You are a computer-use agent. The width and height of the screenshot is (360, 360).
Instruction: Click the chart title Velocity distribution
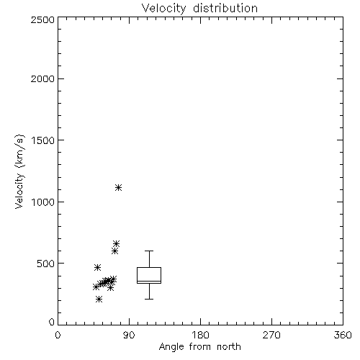199,9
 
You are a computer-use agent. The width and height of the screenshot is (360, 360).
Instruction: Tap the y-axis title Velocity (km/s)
19,171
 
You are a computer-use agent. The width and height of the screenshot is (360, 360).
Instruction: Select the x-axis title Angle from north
199,347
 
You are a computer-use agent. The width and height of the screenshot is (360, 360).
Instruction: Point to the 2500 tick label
42,19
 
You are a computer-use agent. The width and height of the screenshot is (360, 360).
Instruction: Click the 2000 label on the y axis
42,78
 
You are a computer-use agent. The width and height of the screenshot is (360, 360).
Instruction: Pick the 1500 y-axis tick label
43,140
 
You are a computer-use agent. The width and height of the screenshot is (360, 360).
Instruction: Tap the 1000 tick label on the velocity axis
43,202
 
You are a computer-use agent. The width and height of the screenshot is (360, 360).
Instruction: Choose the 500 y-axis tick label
46,264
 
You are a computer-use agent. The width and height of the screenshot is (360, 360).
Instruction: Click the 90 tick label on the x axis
129,335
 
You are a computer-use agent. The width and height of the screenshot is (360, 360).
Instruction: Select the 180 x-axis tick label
200,335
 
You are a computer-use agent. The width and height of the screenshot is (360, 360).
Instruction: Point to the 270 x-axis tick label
271,335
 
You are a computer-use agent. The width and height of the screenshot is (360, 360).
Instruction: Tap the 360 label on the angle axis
343,335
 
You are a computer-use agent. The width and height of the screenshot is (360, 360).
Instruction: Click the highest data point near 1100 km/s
118,187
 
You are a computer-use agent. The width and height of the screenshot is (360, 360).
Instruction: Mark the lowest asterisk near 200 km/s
99,300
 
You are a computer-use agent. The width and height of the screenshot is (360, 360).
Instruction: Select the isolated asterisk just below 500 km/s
97,267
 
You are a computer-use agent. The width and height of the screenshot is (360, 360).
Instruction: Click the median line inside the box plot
149,281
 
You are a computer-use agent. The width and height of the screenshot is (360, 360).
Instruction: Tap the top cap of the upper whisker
149,251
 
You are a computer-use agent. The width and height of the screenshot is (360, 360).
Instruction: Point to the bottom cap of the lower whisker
149,299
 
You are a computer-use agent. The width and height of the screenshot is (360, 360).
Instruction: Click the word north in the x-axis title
229,347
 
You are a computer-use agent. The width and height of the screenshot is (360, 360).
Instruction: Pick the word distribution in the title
225,9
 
